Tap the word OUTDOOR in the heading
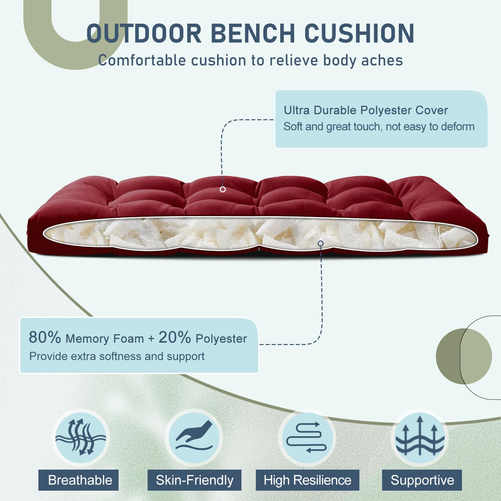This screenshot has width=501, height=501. [144, 33]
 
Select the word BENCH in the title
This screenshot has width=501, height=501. [253, 33]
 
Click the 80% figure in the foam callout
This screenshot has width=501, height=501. [45, 337]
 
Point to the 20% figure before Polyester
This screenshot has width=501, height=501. [174, 337]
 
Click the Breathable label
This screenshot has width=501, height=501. [80, 480]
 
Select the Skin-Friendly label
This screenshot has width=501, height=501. [194, 480]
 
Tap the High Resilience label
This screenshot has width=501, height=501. [307, 480]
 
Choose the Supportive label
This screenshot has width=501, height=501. [422, 480]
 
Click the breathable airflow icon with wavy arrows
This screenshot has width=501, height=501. [80, 437]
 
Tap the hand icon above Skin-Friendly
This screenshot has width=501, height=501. [194, 437]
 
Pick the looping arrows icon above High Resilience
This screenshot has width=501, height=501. [307, 437]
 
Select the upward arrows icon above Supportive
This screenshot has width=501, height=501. [420, 437]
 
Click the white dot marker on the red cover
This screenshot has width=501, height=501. [223, 189]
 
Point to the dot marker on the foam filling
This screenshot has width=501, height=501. [321, 243]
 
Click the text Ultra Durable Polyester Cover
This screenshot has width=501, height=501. [365, 110]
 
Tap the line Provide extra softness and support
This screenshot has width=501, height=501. [117, 356]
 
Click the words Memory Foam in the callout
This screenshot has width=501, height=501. [105, 339]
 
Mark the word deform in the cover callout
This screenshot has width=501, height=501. [458, 127]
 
